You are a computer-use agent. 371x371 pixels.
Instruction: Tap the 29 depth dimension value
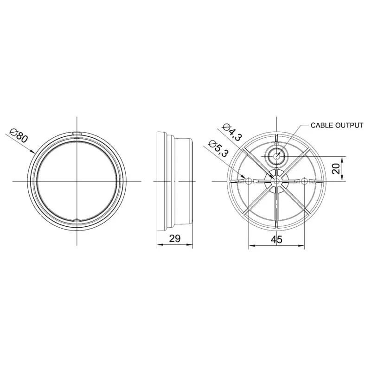click(175, 238)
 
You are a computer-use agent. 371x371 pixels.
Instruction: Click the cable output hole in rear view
click(276, 156)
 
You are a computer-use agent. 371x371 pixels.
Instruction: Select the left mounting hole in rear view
click(249, 181)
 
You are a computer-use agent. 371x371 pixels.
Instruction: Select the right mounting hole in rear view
click(304, 181)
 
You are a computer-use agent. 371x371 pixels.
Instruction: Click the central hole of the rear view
click(276, 181)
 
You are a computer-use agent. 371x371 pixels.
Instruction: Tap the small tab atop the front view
click(77, 134)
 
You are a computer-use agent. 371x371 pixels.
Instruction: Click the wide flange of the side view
click(161, 181)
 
